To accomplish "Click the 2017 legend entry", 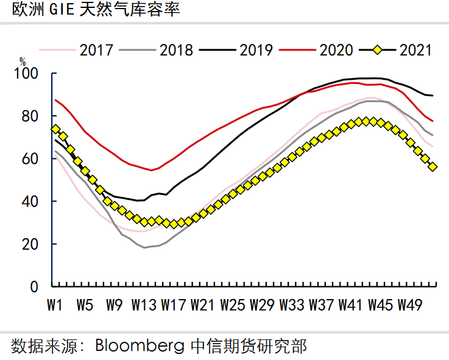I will pyautogui.click(x=96, y=49).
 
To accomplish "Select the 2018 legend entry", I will pyautogui.click(x=176, y=49).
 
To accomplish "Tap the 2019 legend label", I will pyautogui.click(x=256, y=49).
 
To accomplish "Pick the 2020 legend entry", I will pyautogui.click(x=336, y=49).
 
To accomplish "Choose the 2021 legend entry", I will pyautogui.click(x=415, y=49).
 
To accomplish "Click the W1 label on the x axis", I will pyautogui.click(x=55, y=304).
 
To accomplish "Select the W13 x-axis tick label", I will pyautogui.click(x=144, y=304).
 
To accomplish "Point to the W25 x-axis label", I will pyautogui.click(x=233, y=304).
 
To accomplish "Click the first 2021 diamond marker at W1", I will pyautogui.click(x=55, y=129).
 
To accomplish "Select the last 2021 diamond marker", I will pyautogui.click(x=433, y=167).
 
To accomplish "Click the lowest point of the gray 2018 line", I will pyautogui.click(x=144, y=247).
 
